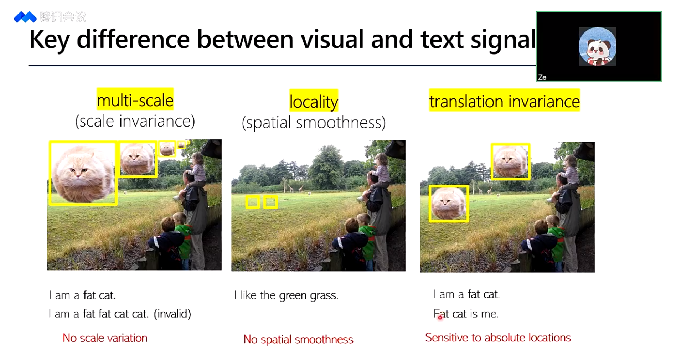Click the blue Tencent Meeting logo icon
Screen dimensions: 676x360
pos(25,17)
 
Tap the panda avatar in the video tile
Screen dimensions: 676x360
pos(597,46)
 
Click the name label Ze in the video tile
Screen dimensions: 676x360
pos(542,77)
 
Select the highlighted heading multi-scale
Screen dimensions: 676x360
pos(135,100)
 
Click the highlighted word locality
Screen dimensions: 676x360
pos(314,102)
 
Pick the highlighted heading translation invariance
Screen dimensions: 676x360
pos(504,101)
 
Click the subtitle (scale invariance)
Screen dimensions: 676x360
pos(135,121)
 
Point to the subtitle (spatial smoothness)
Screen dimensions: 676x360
pos(314,123)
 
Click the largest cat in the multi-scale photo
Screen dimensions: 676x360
pos(83,174)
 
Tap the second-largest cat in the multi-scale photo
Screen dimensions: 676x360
pos(138,159)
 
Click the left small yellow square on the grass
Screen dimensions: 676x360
pos(253,202)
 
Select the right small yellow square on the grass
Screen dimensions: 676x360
pos(270,202)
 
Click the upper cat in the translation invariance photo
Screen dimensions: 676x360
pos(510,161)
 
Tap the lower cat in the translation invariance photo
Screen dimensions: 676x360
pos(448,204)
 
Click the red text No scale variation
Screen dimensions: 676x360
pos(105,338)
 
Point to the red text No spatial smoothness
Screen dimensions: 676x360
pos(298,339)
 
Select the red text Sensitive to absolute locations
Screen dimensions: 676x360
pos(498,338)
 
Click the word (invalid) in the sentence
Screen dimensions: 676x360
pos(172,314)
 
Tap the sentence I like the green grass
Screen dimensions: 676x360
pos(286,295)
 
